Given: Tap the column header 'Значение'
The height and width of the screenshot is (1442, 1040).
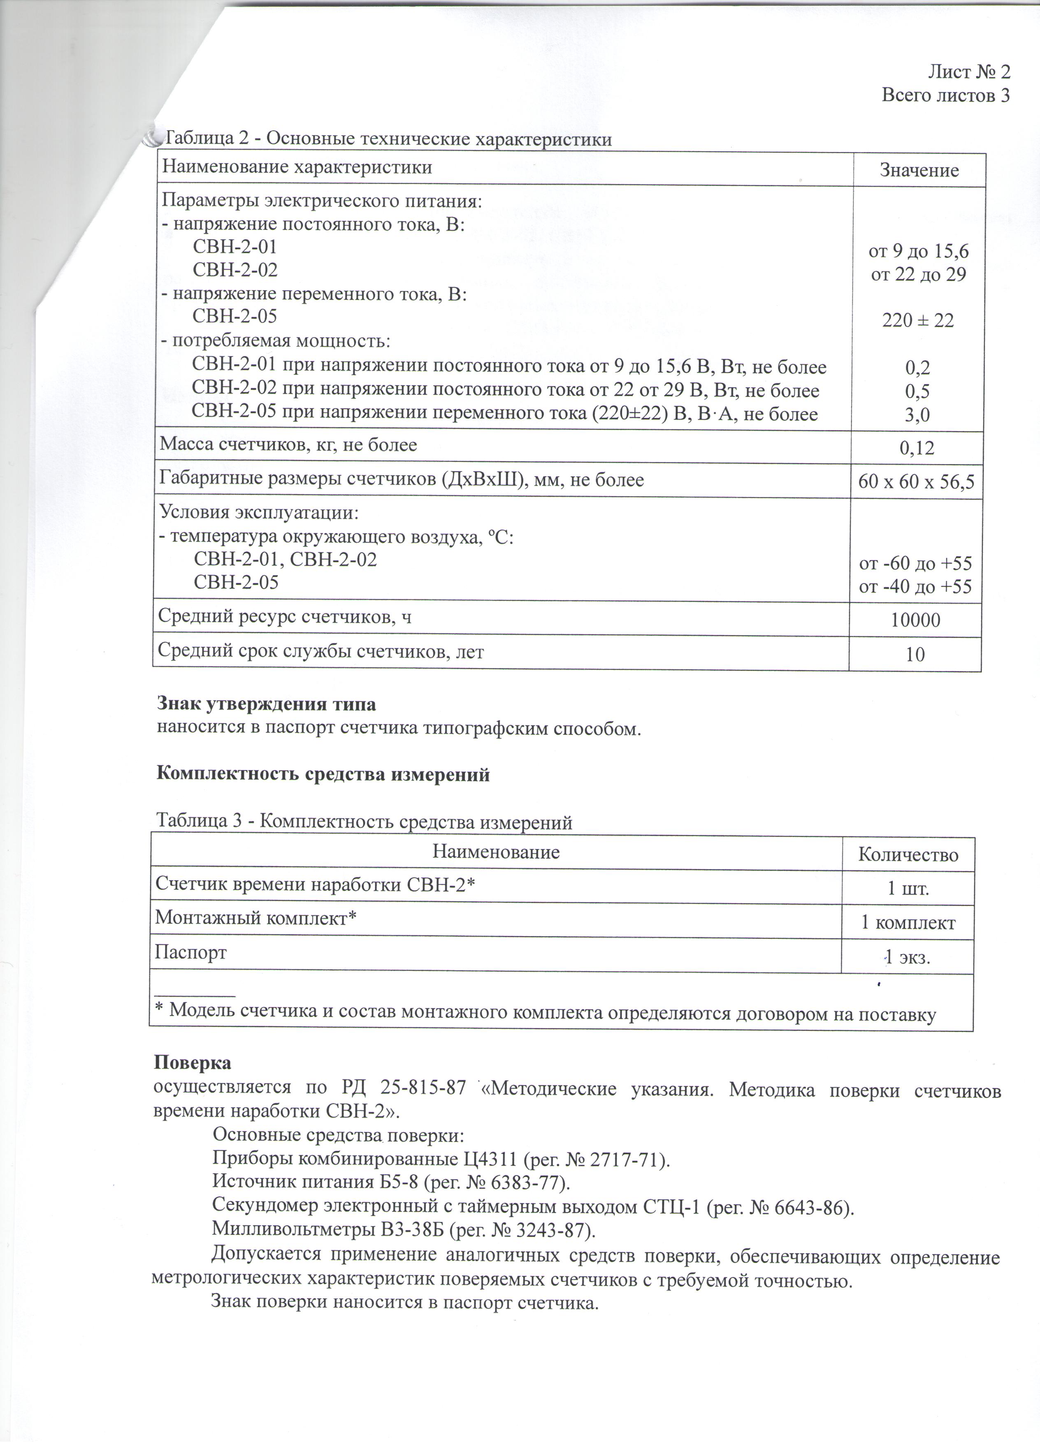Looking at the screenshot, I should click(x=919, y=170).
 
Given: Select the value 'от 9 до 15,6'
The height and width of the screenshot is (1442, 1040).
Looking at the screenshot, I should click(x=919, y=252).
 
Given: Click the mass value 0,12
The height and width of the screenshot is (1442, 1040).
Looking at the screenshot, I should click(x=917, y=449).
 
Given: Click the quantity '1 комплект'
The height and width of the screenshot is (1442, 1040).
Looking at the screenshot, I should click(x=908, y=923).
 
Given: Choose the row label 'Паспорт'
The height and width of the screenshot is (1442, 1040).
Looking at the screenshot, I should click(x=191, y=953).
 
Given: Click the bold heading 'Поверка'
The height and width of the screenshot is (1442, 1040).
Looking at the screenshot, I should click(x=192, y=1063).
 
